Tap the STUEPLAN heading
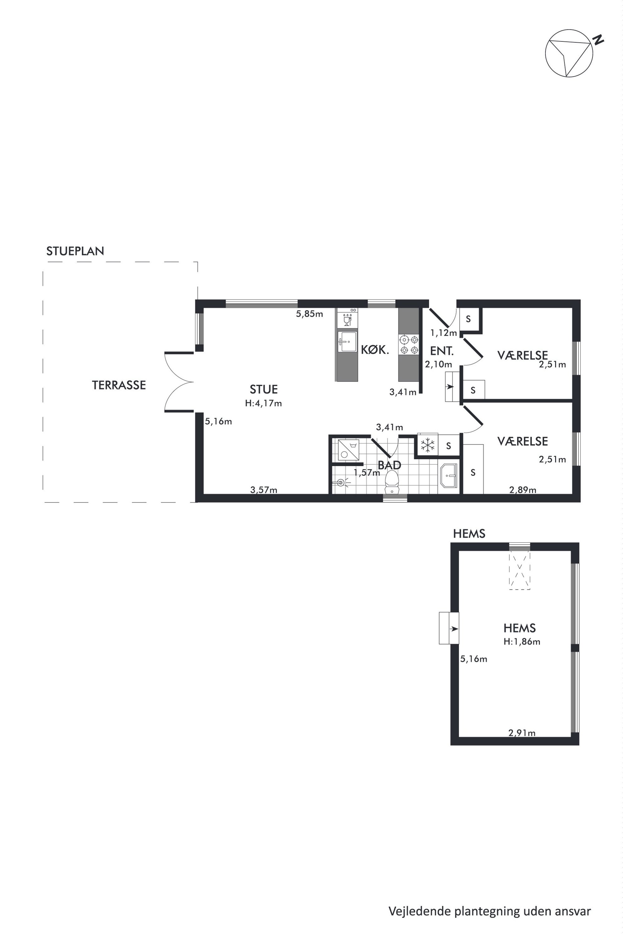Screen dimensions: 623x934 pos(75,251)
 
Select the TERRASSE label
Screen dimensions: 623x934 pos(119,385)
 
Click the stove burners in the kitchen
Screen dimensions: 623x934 pos(409,345)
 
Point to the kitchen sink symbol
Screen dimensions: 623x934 pos(347,342)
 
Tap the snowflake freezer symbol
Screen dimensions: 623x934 pos(427,445)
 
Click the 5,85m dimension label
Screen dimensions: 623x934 pos(310,314)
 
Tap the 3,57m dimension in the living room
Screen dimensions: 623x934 pos(264,490)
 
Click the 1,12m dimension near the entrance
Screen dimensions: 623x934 pos(444,333)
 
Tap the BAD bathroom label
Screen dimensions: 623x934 pos(389,465)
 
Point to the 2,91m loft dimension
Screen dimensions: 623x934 pos(522,733)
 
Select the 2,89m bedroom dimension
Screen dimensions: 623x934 pos(523,490)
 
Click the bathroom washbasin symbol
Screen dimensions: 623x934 pos(449,475)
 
